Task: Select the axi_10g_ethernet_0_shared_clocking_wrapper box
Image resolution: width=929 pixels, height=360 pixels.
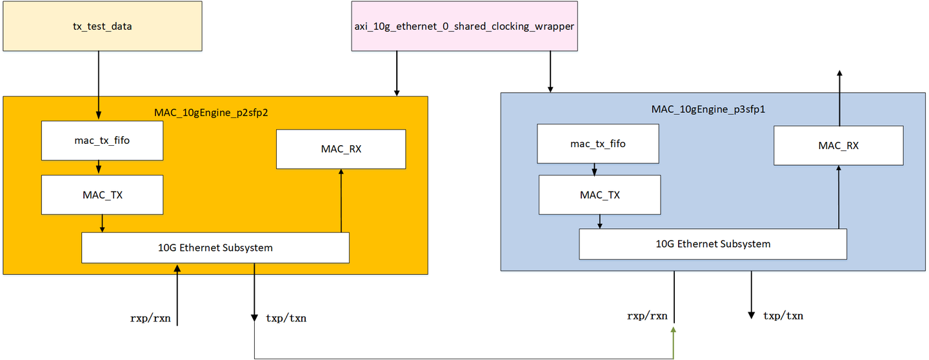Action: [464, 26]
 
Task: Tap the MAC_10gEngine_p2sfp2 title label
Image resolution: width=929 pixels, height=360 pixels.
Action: [211, 112]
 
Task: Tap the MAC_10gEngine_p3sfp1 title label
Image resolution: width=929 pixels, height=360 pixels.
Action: [708, 108]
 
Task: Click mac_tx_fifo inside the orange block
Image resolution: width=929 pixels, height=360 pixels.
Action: [102, 140]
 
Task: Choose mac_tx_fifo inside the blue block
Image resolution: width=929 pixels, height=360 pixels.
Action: [598, 143]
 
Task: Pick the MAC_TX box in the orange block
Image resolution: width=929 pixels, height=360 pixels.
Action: [102, 194]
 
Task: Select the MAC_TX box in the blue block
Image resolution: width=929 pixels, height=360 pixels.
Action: [599, 195]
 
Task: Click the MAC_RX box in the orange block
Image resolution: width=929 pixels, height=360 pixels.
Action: [341, 149]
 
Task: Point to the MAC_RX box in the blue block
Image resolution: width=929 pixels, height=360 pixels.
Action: [838, 145]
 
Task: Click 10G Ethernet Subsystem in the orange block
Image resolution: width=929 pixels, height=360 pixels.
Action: [215, 248]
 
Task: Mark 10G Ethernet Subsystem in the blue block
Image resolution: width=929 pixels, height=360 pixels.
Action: [713, 244]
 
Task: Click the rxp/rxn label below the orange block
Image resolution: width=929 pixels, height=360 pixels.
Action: [150, 318]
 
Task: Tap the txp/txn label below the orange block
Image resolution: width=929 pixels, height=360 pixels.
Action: [286, 318]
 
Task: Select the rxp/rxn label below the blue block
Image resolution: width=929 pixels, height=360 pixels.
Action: [647, 316]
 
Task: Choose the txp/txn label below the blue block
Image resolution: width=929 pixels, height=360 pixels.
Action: [783, 315]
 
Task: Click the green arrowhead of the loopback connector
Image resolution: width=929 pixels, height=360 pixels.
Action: [674, 330]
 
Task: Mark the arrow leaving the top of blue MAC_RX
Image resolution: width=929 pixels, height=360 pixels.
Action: [839, 97]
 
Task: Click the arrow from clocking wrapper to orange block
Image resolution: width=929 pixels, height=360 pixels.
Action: [396, 74]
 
